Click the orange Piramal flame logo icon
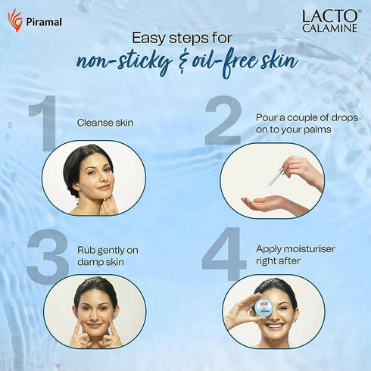pyautogui.click(x=15, y=20)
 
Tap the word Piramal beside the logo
pyautogui.click(x=44, y=22)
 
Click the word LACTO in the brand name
pyautogui.click(x=330, y=16)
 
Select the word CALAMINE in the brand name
pyautogui.click(x=329, y=28)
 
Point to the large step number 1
pyautogui.click(x=44, y=123)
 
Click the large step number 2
pyautogui.click(x=223, y=120)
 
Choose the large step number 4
pyautogui.click(x=224, y=254)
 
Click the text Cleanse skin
pyautogui.click(x=105, y=123)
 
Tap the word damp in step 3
pyautogui.click(x=89, y=262)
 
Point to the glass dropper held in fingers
pyautogui.click(x=276, y=176)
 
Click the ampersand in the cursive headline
pyautogui.click(x=182, y=63)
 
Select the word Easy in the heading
pyautogui.click(x=148, y=39)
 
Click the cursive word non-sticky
pyautogui.click(x=124, y=62)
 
